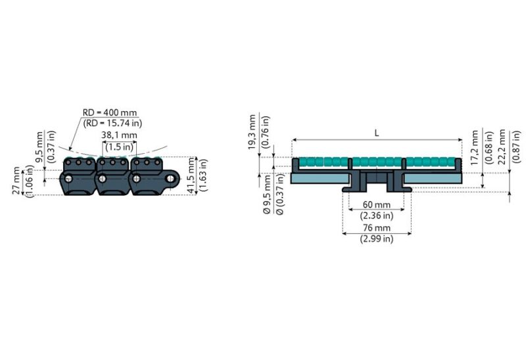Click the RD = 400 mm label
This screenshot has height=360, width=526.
pyautogui.click(x=109, y=112)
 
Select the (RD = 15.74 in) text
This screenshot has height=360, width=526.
pyautogui.click(x=112, y=123)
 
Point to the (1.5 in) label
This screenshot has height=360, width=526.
pyautogui.click(x=119, y=146)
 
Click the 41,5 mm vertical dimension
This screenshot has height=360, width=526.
pyautogui.click(x=191, y=175)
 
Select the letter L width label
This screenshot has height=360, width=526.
pyautogui.click(x=376, y=132)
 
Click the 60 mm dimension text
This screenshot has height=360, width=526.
pyautogui.click(x=377, y=204)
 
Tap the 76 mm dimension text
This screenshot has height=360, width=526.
pyautogui.click(x=377, y=228)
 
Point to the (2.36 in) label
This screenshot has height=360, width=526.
pyautogui.click(x=377, y=215)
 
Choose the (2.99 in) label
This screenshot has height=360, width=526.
pyautogui.click(x=377, y=239)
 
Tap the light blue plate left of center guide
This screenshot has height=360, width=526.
pyautogui.click(x=319, y=179)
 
